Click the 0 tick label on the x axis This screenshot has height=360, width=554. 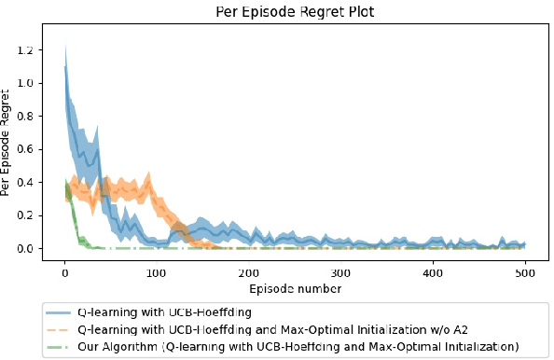click(64, 273)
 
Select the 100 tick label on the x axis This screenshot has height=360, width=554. click(157, 273)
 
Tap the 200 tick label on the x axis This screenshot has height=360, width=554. click(248, 273)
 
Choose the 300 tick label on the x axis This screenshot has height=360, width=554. click(340, 273)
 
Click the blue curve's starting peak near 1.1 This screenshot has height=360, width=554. click(64, 66)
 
